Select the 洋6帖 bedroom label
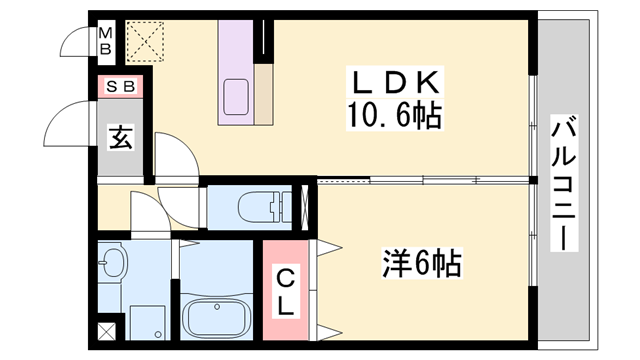tap(421, 264)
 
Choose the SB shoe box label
tap(120, 87)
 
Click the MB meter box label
tap(105, 41)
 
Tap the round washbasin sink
tap(114, 265)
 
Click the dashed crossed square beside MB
tap(144, 41)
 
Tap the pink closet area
tap(286, 290)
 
